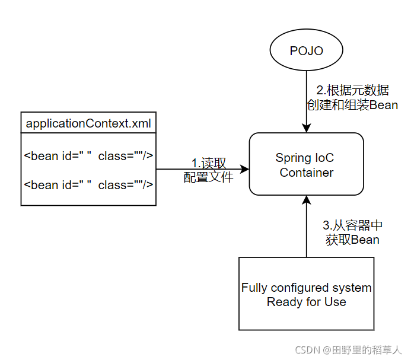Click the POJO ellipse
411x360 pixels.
coord(306,51)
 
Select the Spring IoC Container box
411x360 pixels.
coord(306,164)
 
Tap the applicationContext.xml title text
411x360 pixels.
coord(88,125)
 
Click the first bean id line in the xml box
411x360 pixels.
coord(88,156)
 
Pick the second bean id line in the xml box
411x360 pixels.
coord(88,185)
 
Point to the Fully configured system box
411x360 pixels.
coord(306,294)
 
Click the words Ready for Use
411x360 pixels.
coord(306,302)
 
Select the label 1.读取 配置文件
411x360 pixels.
coord(208,170)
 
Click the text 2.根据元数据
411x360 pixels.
coord(352,91)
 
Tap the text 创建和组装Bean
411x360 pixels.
coord(352,105)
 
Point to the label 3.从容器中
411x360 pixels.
coord(352,225)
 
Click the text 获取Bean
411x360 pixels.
coord(352,240)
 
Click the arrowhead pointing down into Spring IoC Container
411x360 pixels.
coord(306,128)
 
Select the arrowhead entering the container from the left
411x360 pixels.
coord(244,170)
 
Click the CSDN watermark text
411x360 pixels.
coord(308,350)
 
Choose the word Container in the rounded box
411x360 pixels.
coord(306,173)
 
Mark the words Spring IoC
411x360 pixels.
coord(305,158)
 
